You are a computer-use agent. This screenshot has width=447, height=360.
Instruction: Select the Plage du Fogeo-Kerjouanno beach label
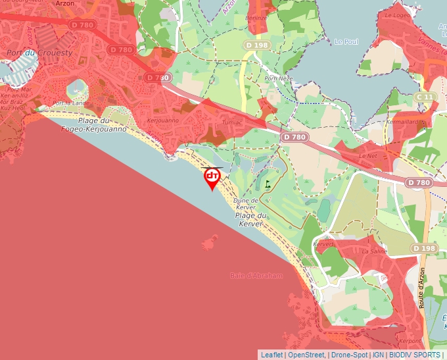[93, 125]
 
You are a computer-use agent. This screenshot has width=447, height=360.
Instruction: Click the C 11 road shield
[426, 97]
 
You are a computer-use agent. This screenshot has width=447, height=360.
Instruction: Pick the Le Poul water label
[346, 41]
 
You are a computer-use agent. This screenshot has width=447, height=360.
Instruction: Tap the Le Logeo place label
[396, 14]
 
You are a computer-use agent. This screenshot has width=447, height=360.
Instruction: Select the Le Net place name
[369, 155]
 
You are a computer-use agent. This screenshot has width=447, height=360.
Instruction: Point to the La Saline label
[375, 251]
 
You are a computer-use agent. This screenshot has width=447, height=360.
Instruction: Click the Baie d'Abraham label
[257, 275]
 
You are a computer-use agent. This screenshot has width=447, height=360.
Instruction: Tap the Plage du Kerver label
[250, 220]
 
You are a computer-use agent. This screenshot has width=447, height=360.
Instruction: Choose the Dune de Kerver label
[245, 203]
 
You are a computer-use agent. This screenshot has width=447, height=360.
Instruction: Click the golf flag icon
[268, 185]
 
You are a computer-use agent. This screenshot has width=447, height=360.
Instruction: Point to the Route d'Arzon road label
[422, 288]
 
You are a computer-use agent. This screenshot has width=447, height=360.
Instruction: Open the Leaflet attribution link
[272, 355]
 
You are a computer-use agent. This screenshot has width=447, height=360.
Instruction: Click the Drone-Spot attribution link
[350, 355]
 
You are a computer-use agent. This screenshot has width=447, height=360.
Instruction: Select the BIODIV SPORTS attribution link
[414, 355]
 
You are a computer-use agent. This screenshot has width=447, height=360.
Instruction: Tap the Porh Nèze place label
[278, 78]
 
